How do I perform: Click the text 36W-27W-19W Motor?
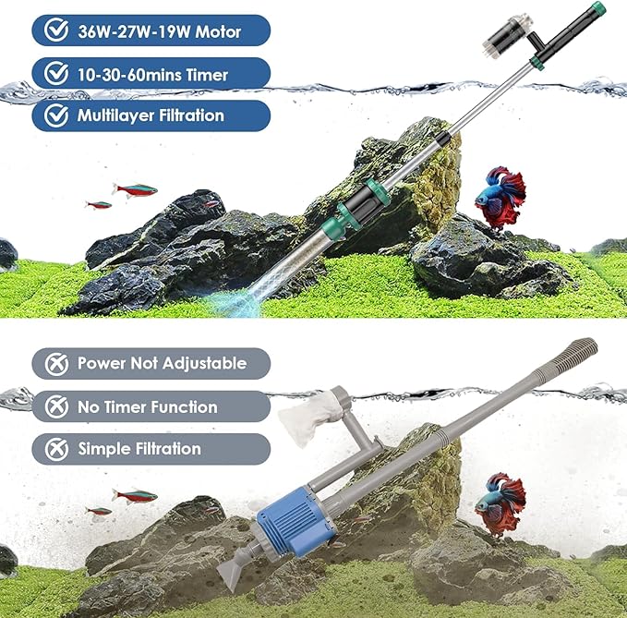[160, 31]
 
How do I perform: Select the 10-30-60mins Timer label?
[153, 74]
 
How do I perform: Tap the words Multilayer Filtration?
[151, 115]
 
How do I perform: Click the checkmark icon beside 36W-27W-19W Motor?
[57, 31]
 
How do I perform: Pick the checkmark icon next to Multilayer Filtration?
[57, 115]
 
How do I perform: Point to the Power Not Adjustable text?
[162, 364]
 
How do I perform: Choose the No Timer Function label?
[148, 406]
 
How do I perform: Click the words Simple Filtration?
[139, 449]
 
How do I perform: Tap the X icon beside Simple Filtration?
[56, 449]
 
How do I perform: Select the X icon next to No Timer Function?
[56, 406]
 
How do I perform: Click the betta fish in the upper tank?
[500, 195]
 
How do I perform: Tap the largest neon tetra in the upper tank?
[135, 190]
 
